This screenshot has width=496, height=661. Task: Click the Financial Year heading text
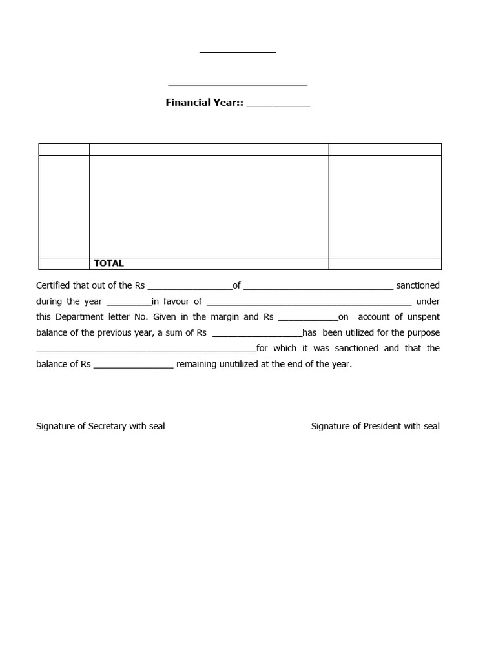[204, 103]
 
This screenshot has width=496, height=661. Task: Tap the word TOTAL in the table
[108, 263]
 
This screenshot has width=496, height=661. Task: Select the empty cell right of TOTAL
[385, 263]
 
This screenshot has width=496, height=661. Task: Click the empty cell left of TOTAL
[64, 263]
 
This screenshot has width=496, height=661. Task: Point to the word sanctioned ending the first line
[418, 285]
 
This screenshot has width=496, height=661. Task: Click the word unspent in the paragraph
[422, 316]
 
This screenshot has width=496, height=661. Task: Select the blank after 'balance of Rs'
[134, 366]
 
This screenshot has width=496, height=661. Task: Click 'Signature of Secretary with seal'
[101, 426]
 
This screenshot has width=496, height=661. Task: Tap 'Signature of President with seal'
[375, 426]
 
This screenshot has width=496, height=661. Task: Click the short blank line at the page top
[238, 52]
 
